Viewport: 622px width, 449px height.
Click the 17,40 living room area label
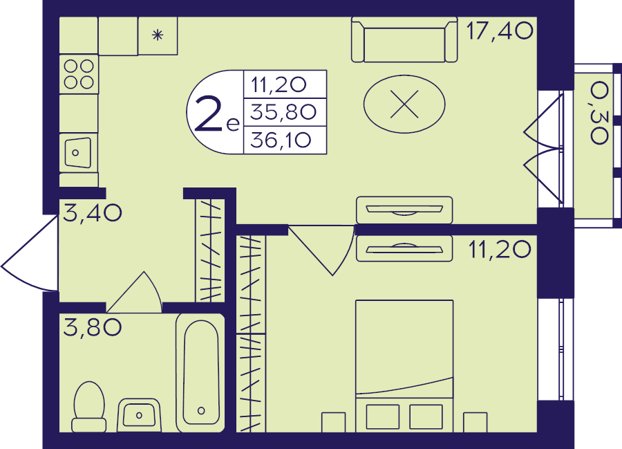500,31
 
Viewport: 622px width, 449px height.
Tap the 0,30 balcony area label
599,113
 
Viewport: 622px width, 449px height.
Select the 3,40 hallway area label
93,213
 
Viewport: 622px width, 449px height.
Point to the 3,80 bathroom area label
93,327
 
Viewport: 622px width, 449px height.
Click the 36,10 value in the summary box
281,140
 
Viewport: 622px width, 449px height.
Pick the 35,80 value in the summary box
283,112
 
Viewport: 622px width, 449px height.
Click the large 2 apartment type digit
208,114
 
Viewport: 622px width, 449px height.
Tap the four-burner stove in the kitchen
79,74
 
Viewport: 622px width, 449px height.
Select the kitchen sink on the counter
78,152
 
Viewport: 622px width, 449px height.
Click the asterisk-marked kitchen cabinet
158,35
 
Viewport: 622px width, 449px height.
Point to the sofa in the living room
404,39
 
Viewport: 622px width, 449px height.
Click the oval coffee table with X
404,104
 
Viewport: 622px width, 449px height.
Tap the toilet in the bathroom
89,407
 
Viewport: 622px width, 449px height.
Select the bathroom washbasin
139,415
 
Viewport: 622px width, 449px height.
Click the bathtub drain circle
201,410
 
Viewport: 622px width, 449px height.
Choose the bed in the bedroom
404,366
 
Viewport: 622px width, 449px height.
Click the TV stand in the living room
404,210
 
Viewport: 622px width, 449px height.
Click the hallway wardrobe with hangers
210,250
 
